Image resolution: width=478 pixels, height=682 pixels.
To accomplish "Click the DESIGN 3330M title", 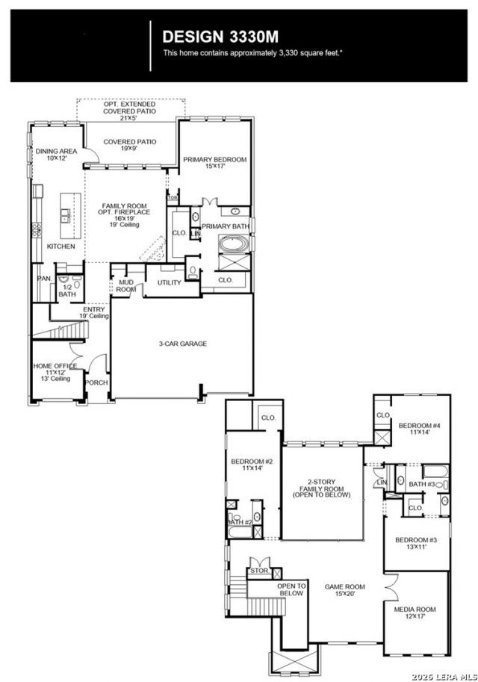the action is point(220,37).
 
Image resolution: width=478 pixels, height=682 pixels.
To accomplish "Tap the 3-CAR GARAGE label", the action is point(183,344).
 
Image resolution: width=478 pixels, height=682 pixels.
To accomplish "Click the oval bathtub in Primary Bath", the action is point(234,244).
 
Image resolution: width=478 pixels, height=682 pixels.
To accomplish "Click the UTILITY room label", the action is point(170,282).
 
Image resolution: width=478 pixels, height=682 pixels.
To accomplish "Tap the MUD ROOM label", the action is point(126,286).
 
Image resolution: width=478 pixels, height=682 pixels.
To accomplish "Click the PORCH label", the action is point(96,382).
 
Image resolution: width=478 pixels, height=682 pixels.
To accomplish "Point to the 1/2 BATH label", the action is point(67,291).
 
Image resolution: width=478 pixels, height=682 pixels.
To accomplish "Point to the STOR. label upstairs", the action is point(259,571).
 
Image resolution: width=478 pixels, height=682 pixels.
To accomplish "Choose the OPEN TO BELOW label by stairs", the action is point(291,589).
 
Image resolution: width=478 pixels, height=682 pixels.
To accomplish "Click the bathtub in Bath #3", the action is point(435,472).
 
